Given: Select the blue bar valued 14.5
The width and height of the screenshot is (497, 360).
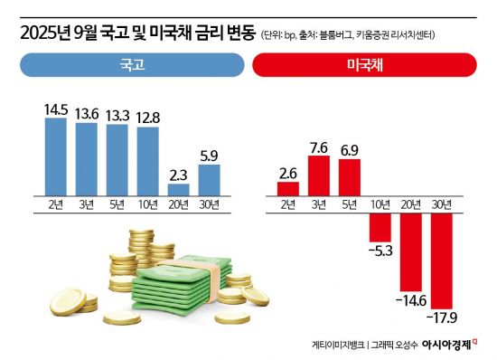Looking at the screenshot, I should click(56, 156).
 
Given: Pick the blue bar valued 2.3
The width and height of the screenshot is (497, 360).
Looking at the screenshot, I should click(179, 190).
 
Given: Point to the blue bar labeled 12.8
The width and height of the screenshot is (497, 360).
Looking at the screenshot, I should click(148, 161).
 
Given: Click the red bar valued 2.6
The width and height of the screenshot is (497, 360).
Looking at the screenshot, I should click(288, 188).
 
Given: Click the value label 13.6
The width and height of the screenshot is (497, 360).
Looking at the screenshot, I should click(87, 114).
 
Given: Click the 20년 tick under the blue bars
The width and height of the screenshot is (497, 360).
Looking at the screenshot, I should click(179, 204).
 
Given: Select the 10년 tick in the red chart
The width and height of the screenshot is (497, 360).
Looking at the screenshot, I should click(380, 204).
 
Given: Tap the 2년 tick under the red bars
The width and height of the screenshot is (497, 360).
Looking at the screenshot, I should click(288, 204).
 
